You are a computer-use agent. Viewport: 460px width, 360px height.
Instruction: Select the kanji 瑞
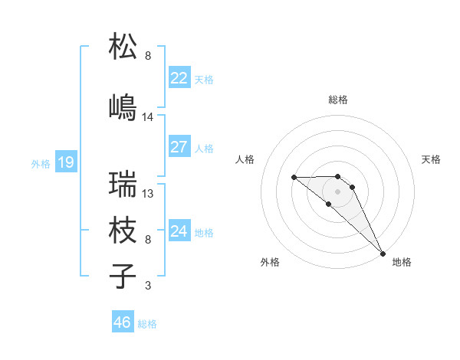pyautogui.click(x=123, y=184)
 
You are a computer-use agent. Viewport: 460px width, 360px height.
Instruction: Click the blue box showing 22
pyautogui.click(x=179, y=78)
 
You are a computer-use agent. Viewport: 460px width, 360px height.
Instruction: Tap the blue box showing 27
pyautogui.click(x=179, y=147)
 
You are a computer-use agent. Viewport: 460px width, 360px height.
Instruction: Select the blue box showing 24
pyautogui.click(x=179, y=231)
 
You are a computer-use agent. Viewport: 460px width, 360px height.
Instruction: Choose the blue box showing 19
pyautogui.click(x=65, y=162)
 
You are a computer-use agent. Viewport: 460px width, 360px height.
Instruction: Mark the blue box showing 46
pyautogui.click(x=122, y=322)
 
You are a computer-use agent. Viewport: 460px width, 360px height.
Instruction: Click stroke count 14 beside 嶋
pyautogui.click(x=148, y=117)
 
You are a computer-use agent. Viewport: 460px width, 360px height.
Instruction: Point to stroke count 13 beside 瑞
pyautogui.click(x=148, y=194)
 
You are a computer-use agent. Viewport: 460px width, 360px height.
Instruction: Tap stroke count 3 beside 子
pyautogui.click(x=148, y=286)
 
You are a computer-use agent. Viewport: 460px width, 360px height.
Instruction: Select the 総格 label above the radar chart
pyautogui.click(x=338, y=100)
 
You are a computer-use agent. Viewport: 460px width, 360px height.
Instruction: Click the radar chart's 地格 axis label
pyautogui.click(x=402, y=262)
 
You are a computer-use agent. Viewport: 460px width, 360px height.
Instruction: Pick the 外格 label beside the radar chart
pyautogui.click(x=270, y=262)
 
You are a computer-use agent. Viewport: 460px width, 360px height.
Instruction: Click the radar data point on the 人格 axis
pyautogui.click(x=294, y=178)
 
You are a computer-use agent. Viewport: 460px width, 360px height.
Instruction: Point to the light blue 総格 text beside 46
pyautogui.click(x=147, y=324)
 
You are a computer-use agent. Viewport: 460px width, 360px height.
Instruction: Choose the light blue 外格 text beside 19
pyautogui.click(x=40, y=163)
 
